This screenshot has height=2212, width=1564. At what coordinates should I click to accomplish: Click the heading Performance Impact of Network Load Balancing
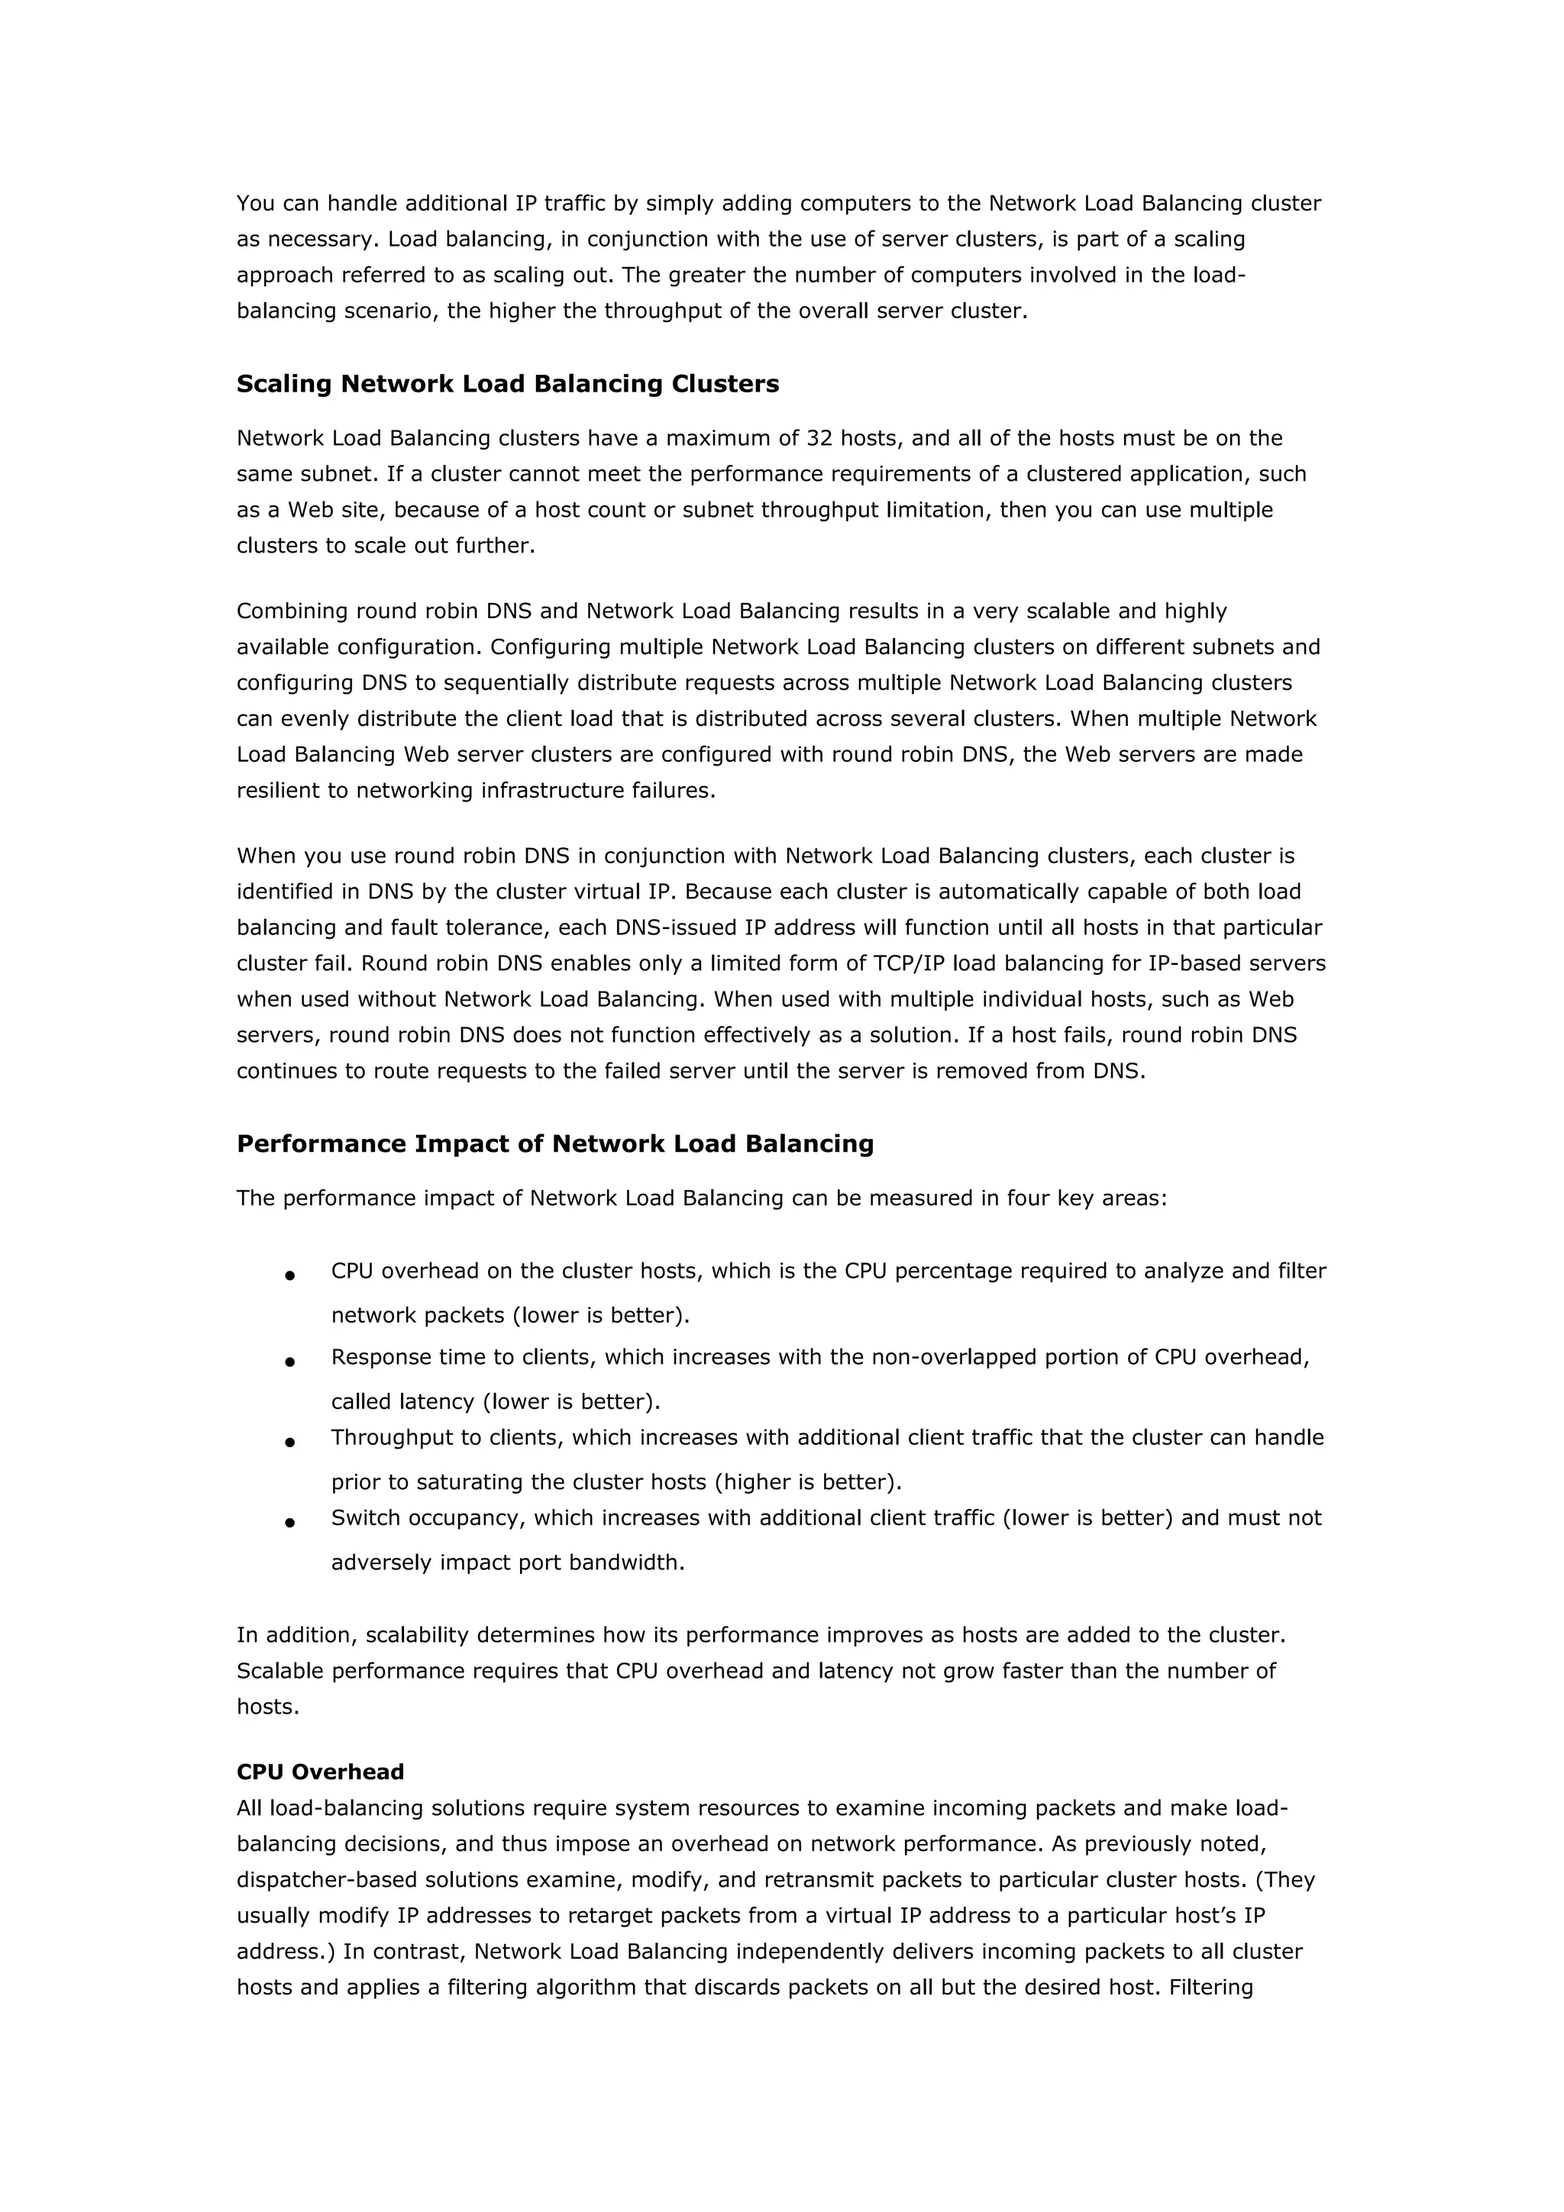pos(554,1143)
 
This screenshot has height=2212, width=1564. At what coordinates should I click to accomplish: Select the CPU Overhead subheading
pos(320,1772)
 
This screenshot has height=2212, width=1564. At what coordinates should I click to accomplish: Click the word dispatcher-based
pos(325,1880)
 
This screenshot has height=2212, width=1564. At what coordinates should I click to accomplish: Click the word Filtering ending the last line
pos(1210,1987)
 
